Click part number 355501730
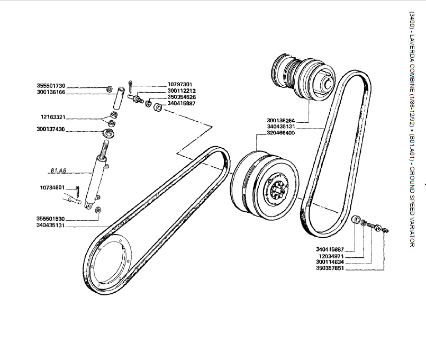click(51, 86)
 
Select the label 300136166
click(51, 92)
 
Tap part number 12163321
click(53, 116)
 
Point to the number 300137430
click(51, 129)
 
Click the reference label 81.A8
click(58, 170)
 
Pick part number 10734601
click(52, 187)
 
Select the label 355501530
click(51, 219)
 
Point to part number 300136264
click(281, 120)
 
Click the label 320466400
click(281, 133)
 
